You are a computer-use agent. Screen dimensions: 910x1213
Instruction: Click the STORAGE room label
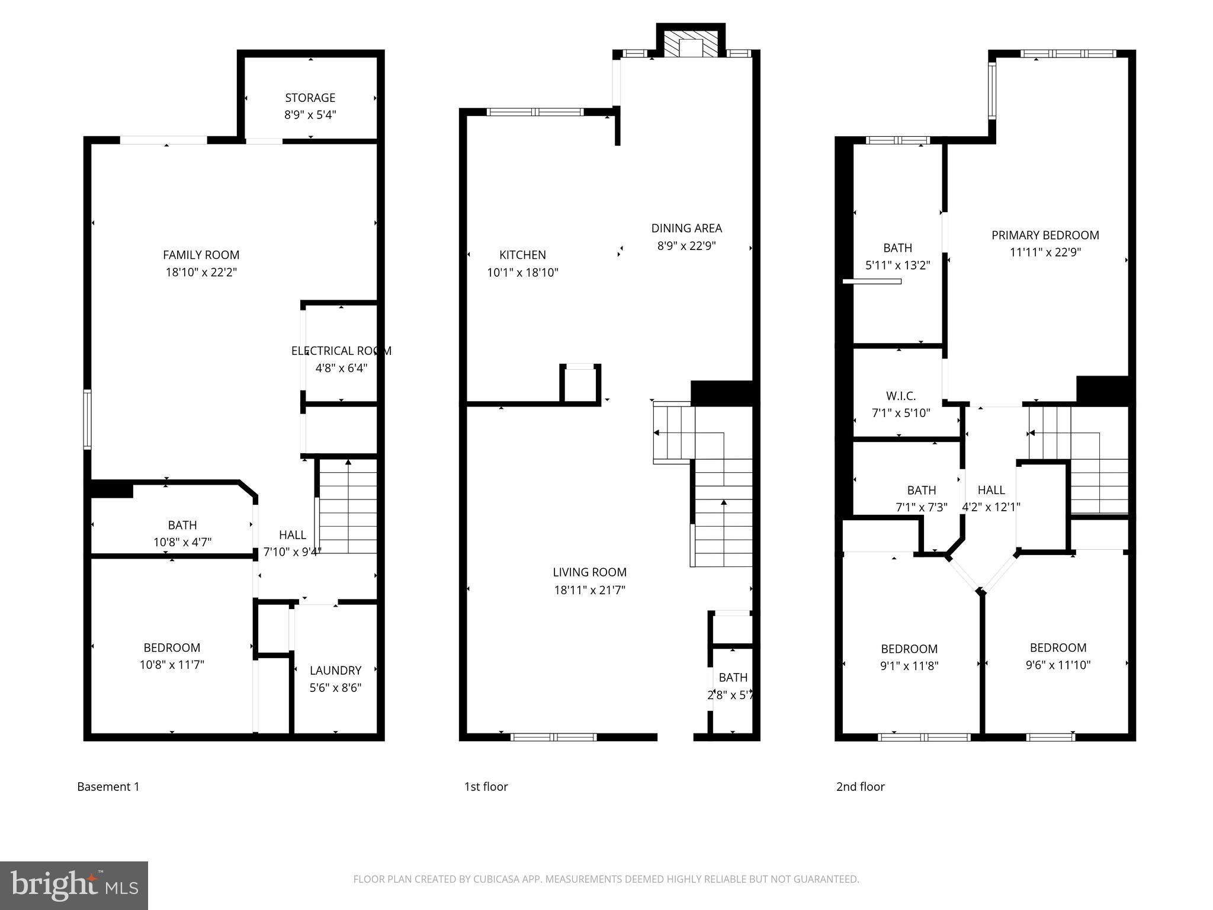310,98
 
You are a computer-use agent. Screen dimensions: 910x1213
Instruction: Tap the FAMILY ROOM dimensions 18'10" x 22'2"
201,273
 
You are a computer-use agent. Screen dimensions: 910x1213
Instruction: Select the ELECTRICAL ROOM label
341,351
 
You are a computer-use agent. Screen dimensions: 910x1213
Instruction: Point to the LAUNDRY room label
335,670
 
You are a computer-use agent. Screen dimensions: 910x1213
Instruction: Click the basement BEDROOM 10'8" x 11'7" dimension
172,665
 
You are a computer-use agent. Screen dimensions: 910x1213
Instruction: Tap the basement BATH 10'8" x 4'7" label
182,525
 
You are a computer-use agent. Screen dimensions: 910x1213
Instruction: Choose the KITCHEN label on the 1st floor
522,255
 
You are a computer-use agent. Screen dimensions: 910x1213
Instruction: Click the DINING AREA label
686,228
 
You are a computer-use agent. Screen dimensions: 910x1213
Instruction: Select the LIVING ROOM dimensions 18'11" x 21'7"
589,590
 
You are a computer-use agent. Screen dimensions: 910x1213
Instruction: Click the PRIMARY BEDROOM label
1045,235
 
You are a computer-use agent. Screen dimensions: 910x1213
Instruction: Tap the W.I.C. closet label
901,396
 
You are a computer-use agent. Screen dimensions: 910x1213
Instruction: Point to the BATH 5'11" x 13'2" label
897,248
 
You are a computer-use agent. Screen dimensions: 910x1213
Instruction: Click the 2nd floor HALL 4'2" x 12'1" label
991,490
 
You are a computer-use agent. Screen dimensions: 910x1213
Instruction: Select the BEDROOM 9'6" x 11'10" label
1058,648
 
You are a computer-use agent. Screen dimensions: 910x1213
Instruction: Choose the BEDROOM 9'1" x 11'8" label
909,649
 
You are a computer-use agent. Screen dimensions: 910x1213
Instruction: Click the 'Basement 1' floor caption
108,787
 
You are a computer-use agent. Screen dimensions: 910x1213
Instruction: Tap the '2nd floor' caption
860,787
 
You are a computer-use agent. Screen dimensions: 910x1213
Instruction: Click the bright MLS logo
74,885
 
